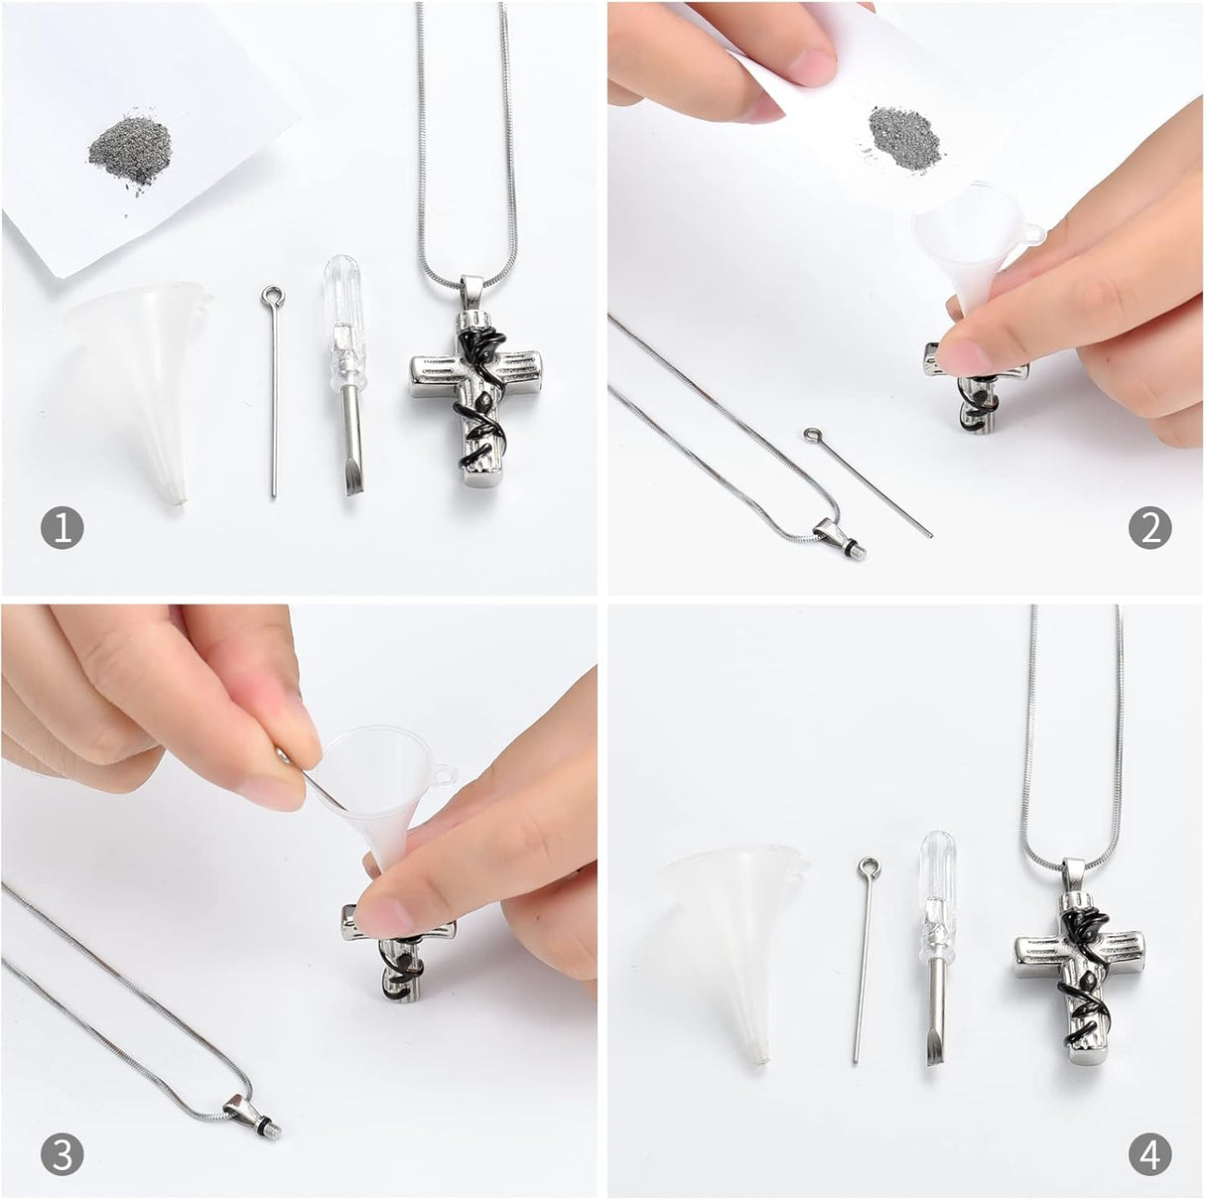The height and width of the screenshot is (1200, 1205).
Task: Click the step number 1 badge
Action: [x=63, y=528]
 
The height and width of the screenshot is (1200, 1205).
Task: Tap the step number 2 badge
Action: [x=1150, y=528]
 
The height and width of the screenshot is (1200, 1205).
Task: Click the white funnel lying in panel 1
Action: [x=141, y=391]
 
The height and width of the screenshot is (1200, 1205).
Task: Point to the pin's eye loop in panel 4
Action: [x=868, y=867]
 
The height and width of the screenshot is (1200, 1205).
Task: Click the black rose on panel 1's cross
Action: [x=480, y=348]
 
